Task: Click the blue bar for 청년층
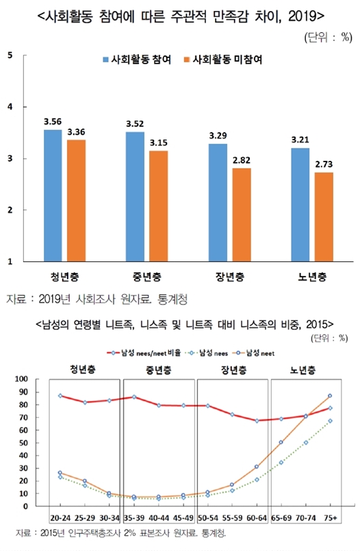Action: point(53,196)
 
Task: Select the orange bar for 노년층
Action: point(324,217)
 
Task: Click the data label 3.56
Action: point(53,122)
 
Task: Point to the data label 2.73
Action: point(324,165)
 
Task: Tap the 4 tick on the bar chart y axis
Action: point(10,107)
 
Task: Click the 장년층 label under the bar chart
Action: point(228,277)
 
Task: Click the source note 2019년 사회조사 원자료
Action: point(96,299)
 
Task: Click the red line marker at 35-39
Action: point(134,397)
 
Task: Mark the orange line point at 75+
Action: point(330,396)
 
